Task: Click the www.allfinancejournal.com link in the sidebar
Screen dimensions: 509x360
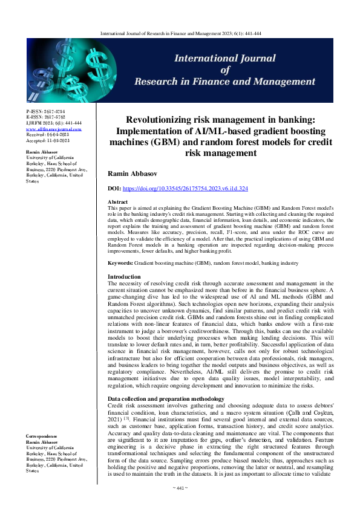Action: [x=54, y=129]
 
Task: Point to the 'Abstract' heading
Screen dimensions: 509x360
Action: [x=117, y=201]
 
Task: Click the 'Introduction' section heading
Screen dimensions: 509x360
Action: [x=124, y=276]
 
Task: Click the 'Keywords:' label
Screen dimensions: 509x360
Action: [x=122, y=264]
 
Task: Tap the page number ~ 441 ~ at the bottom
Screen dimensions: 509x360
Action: [x=180, y=487]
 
